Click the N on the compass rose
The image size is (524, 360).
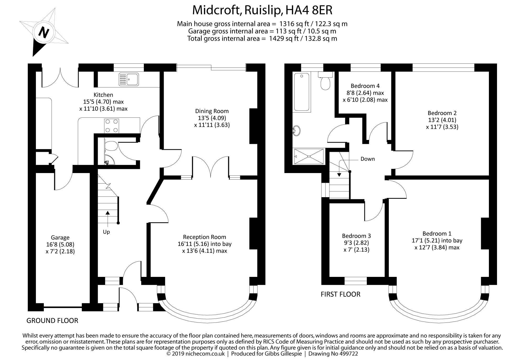click(x=44, y=33)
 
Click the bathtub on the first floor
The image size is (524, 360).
click(x=302, y=92)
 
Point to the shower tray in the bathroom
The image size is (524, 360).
click(x=309, y=157)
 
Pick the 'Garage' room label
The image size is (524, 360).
click(x=60, y=238)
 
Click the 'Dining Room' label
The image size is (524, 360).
click(x=212, y=111)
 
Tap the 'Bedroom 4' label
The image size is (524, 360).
click(x=365, y=86)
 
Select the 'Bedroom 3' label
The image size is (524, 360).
click(x=356, y=236)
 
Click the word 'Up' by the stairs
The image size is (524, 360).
click(x=106, y=232)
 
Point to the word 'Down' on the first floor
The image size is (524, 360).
click(x=368, y=159)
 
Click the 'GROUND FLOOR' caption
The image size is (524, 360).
click(x=52, y=320)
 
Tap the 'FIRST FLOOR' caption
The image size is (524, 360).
click(x=340, y=294)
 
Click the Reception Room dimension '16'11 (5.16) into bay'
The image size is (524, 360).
click(x=204, y=244)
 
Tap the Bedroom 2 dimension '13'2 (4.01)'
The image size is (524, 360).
click(x=442, y=120)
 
